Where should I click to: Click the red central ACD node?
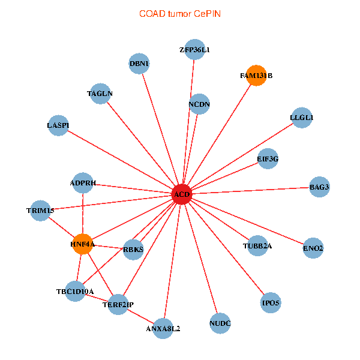pyautogui.click(x=182, y=194)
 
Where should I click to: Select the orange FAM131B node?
pyautogui.click(x=256, y=76)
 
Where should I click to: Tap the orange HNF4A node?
pyautogui.click(x=83, y=244)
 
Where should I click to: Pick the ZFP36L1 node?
pyautogui.click(x=194, y=49)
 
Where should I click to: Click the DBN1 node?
pyautogui.click(x=139, y=64)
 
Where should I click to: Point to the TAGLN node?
pyautogui.click(x=100, y=94)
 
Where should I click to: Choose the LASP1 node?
pyautogui.click(x=58, y=125)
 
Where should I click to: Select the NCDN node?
pyautogui.click(x=199, y=104)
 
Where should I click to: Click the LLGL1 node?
pyautogui.click(x=302, y=118)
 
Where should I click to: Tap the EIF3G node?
pyautogui.click(x=268, y=158)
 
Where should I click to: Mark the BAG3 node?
pyautogui.click(x=319, y=187)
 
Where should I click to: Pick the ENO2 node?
pyautogui.click(x=313, y=248)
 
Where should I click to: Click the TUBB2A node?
pyautogui.click(x=257, y=245)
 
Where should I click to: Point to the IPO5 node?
pyautogui.click(x=271, y=302)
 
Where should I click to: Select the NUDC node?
pyautogui.click(x=220, y=323)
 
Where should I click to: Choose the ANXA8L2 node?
pyautogui.click(x=163, y=329)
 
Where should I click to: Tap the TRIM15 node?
pyautogui.click(x=40, y=211)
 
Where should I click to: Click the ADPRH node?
pyautogui.click(x=83, y=183)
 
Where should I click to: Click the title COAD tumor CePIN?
pyautogui.click(x=180, y=14)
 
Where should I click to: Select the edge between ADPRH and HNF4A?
pyautogui.click(x=83, y=214)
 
